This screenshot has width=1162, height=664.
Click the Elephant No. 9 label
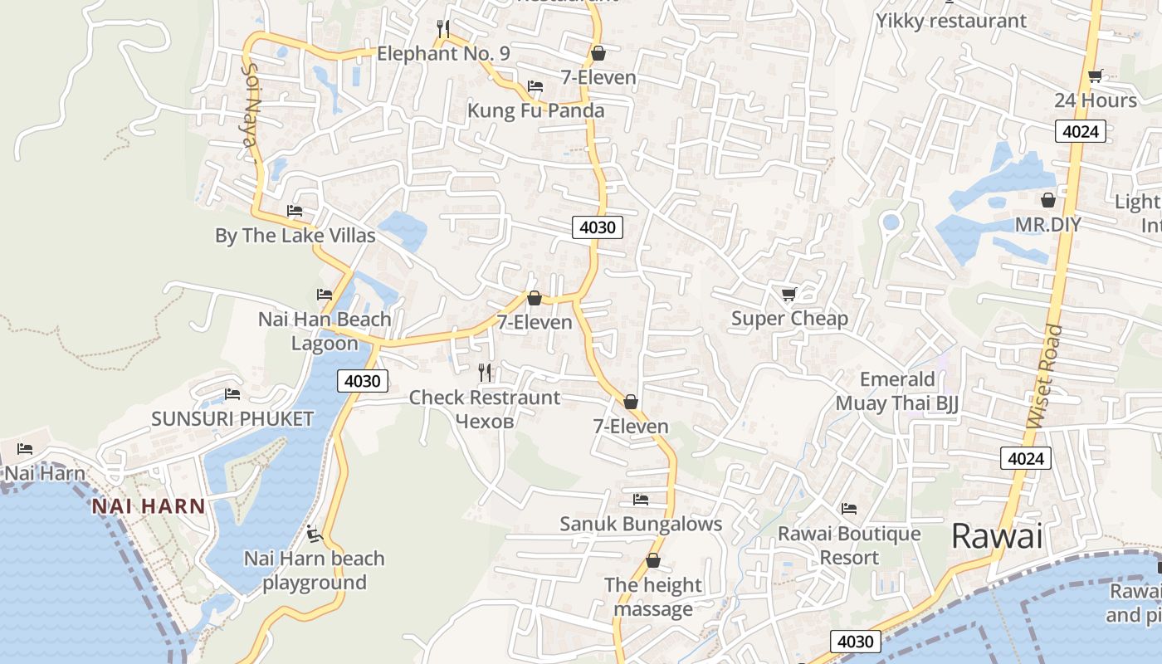click(x=442, y=54)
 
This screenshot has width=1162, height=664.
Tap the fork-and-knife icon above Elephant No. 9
click(x=443, y=30)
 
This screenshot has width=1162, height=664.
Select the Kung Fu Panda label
click(x=535, y=110)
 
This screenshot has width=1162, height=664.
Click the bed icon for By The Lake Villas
click(x=295, y=211)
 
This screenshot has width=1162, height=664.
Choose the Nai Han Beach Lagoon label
click(x=325, y=331)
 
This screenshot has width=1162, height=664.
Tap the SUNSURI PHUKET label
click(x=232, y=418)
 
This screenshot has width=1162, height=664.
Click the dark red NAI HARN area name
click(x=149, y=506)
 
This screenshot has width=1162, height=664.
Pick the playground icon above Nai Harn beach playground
click(x=314, y=534)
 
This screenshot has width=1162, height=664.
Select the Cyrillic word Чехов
click(x=485, y=421)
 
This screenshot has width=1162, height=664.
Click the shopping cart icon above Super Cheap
click(x=788, y=294)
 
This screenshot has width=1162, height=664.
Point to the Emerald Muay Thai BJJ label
click(x=896, y=392)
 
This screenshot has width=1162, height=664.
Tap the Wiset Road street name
click(x=1044, y=377)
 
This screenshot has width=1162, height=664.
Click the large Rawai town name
click(x=996, y=536)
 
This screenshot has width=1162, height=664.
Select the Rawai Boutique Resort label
click(x=849, y=545)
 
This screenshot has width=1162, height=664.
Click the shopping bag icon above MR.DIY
click(x=1048, y=200)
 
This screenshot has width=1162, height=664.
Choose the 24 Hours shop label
click(x=1096, y=100)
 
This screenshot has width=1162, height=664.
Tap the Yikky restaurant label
click(x=951, y=21)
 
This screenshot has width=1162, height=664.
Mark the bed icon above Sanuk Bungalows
click(x=640, y=500)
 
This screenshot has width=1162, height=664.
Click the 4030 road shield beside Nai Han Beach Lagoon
click(x=364, y=381)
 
